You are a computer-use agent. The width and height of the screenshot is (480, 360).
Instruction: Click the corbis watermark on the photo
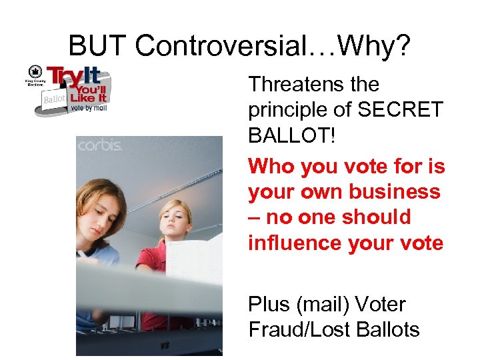coord(99,145)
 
